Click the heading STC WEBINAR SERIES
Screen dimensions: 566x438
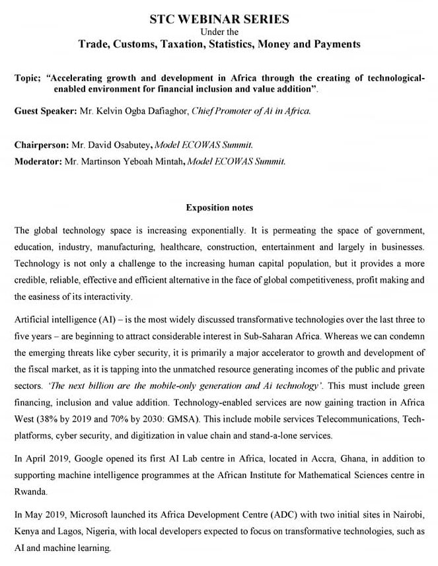point(219,19)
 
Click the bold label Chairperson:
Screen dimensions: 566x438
point(42,145)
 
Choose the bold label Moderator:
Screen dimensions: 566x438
point(38,160)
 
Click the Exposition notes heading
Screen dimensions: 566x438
point(219,208)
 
